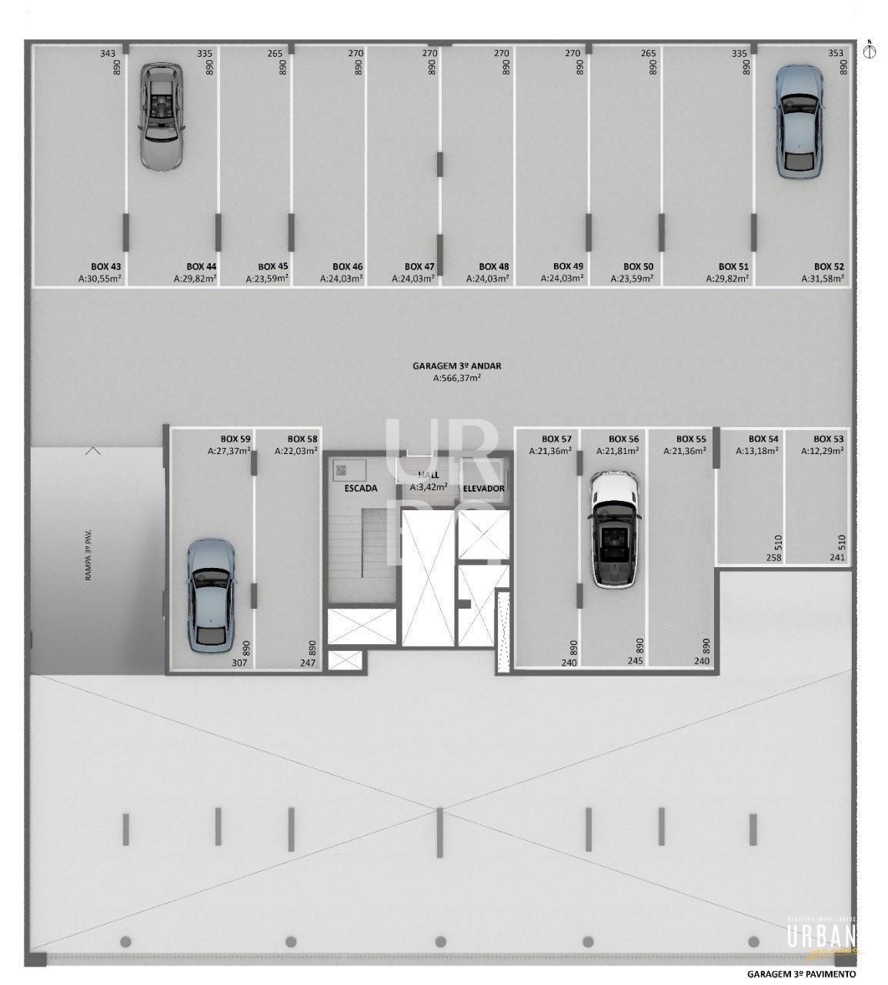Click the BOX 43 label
point(105,266)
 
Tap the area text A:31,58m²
point(823,279)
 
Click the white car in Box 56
point(614,529)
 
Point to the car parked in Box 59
point(210,596)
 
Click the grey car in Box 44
point(162,116)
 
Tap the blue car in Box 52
point(799,122)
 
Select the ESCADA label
point(360,488)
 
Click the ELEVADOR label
point(483,489)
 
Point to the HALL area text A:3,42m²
point(429,486)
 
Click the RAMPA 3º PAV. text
point(89,555)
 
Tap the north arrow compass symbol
point(870,51)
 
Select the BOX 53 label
point(829,439)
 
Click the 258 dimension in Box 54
point(773,557)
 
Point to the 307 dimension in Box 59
point(239,663)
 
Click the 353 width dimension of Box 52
point(836,53)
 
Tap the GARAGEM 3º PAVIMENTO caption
point(801,973)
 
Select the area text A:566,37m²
point(457,378)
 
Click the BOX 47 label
point(419,266)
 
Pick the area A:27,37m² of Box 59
point(229,451)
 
